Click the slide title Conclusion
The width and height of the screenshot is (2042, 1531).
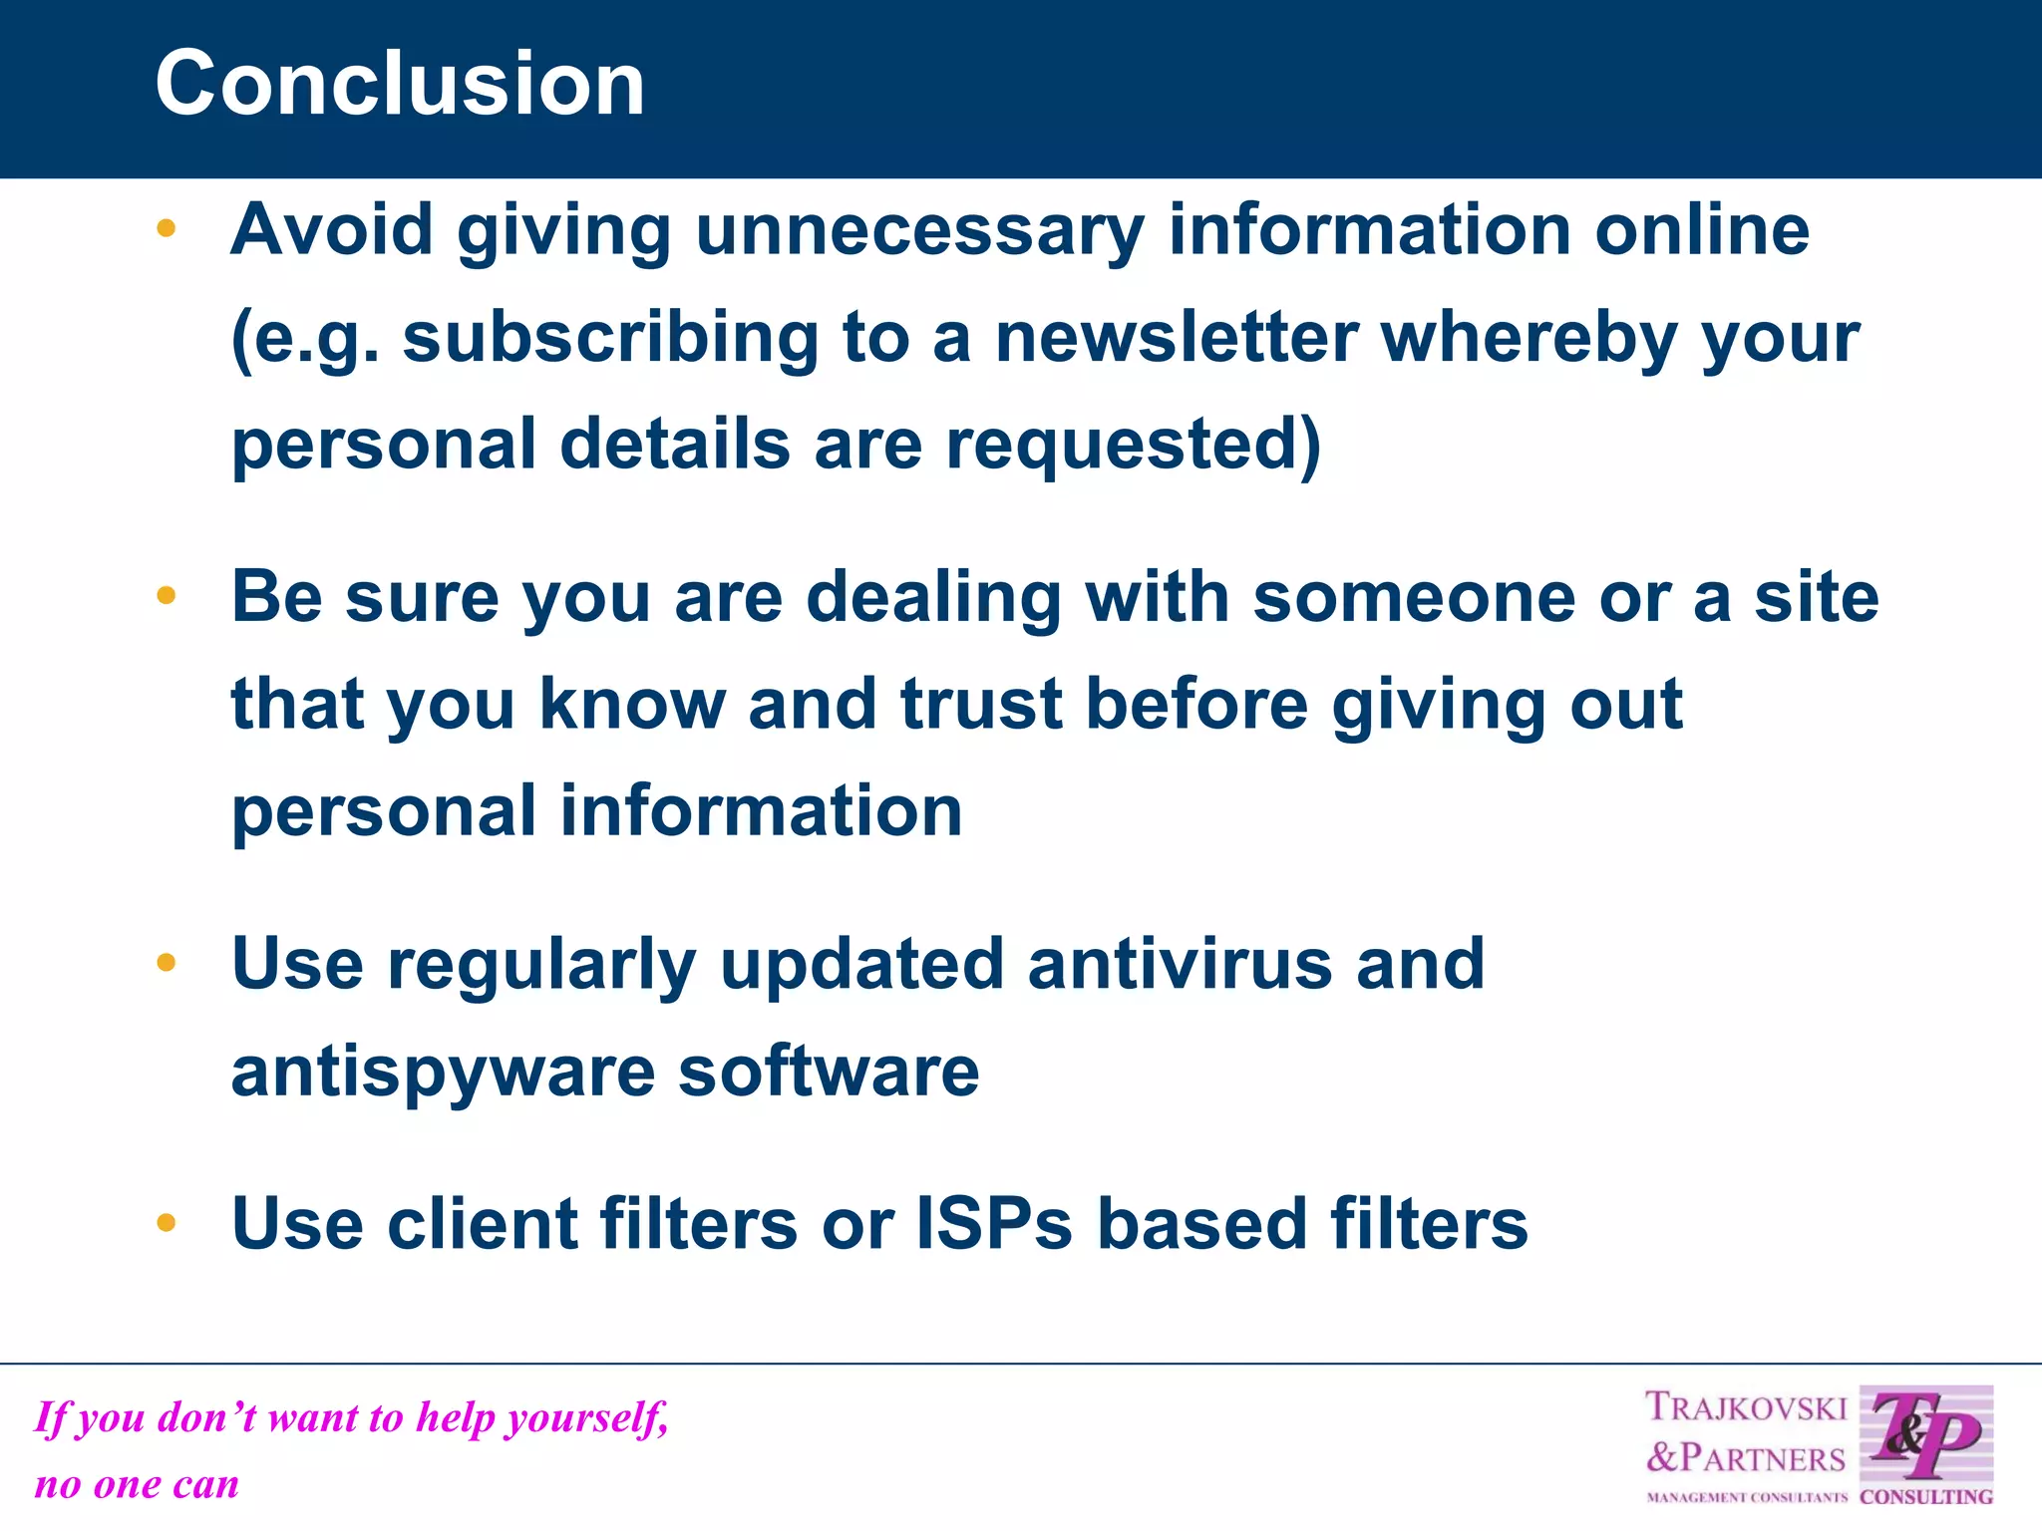point(400,84)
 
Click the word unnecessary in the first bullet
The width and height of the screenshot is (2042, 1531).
point(919,231)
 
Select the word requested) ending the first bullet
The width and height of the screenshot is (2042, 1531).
point(1134,445)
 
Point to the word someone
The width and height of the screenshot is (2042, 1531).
point(1414,598)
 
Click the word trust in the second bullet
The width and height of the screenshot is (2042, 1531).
point(981,704)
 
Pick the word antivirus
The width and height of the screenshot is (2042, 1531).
point(1180,965)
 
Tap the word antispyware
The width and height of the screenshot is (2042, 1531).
point(443,1072)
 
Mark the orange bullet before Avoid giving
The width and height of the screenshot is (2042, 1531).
point(167,229)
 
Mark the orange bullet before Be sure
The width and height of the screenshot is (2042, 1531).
point(167,596)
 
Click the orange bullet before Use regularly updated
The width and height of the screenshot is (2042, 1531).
point(167,963)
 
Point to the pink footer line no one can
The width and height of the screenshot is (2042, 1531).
point(137,1485)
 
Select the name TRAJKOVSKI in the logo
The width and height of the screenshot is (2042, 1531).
point(1745,1407)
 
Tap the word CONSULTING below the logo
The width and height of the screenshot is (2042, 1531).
point(1925,1497)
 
